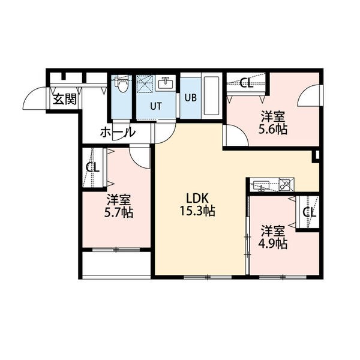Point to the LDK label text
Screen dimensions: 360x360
click(x=197, y=198)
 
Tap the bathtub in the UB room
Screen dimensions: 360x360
click(x=211, y=96)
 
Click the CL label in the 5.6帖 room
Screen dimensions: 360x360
click(x=246, y=83)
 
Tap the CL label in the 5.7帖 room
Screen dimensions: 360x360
click(x=92, y=167)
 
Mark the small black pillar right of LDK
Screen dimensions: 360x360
click(x=316, y=157)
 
